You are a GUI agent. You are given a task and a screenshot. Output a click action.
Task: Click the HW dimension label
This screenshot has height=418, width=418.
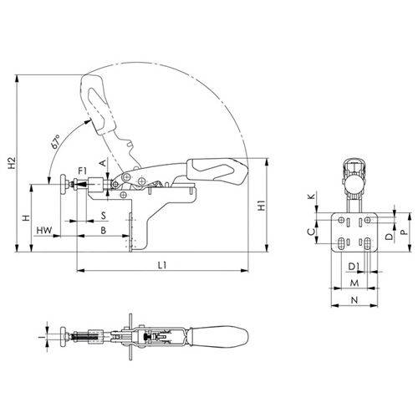(x=45, y=229)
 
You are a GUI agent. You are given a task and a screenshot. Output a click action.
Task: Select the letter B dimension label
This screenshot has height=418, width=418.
(x=101, y=229)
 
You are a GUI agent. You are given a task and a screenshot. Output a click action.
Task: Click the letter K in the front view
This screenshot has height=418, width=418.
(x=312, y=196)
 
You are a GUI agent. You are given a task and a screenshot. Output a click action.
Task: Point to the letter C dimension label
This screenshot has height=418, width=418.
(x=312, y=230)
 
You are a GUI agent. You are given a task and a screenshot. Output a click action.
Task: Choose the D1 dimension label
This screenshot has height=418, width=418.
(x=354, y=265)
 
